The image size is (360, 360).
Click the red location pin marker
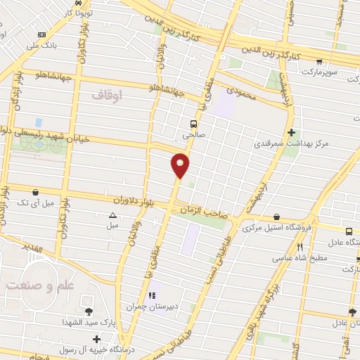pyautogui.click(x=181, y=165)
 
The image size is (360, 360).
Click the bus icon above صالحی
pyautogui.click(x=183, y=120)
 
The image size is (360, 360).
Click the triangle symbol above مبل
pyautogui.click(x=112, y=216)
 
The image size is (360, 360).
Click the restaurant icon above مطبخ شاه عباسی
pyautogui.click(x=300, y=247)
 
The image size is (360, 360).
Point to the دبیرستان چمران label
pyautogui.click(x=150, y=307)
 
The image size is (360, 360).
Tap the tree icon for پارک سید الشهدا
pyautogui.click(x=88, y=312)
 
